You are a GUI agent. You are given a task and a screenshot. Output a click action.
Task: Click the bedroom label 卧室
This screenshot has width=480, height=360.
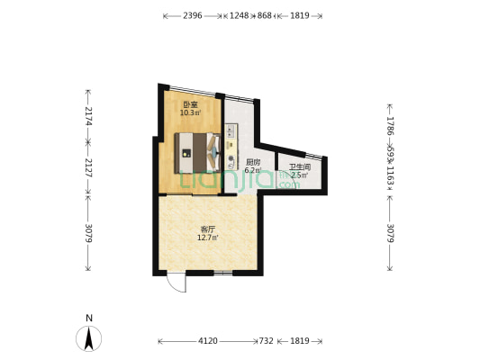point(190,104)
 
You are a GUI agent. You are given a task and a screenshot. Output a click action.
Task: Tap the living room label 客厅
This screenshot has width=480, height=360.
point(208,229)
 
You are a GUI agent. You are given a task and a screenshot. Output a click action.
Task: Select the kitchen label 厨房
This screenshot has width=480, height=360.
point(253,162)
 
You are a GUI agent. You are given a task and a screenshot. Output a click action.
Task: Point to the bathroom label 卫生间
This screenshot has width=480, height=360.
point(300,167)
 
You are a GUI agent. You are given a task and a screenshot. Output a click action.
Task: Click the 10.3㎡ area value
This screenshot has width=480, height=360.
point(190,112)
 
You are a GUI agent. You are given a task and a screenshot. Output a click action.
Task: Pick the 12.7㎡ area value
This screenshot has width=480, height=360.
point(208,238)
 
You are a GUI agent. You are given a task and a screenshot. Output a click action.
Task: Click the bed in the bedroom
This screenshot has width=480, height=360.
point(197,153)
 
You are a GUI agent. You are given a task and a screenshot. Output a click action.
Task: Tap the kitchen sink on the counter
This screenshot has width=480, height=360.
point(231,131)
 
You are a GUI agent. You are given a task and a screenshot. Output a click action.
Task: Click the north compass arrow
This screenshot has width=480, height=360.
point(89,338)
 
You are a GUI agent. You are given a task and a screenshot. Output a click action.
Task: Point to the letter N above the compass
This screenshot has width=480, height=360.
point(89,318)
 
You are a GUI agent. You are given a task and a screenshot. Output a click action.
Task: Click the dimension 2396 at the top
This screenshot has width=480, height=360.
point(193,15)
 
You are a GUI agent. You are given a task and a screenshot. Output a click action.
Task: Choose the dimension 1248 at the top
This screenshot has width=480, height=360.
point(239,15)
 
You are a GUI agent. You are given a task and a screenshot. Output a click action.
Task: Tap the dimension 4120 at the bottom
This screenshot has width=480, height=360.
point(208,341)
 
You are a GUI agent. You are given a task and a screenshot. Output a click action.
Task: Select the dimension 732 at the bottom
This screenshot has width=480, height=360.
point(266,341)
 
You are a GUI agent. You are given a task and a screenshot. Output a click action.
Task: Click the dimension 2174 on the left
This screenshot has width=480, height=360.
point(88,116)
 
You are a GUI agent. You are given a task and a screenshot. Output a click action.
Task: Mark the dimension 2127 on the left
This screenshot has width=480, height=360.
point(88,167)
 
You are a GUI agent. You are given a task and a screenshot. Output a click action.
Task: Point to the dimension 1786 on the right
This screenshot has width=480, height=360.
point(390,126)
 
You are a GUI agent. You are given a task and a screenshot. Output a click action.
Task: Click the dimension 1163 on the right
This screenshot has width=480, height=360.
point(390,175)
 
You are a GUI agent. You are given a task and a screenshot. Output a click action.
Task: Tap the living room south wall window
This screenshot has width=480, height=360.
point(223,273)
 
